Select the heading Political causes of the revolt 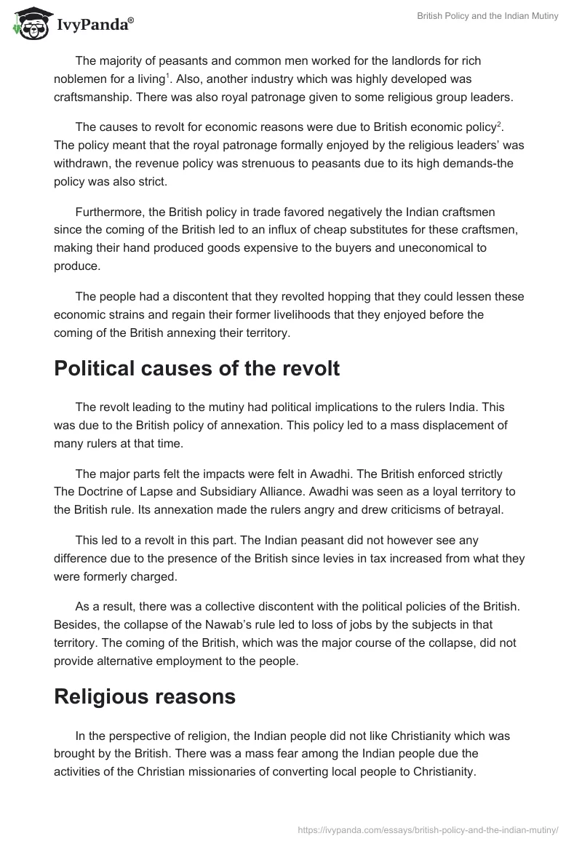click(x=196, y=368)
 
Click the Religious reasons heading click(x=145, y=696)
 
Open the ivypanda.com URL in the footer click(x=428, y=829)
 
